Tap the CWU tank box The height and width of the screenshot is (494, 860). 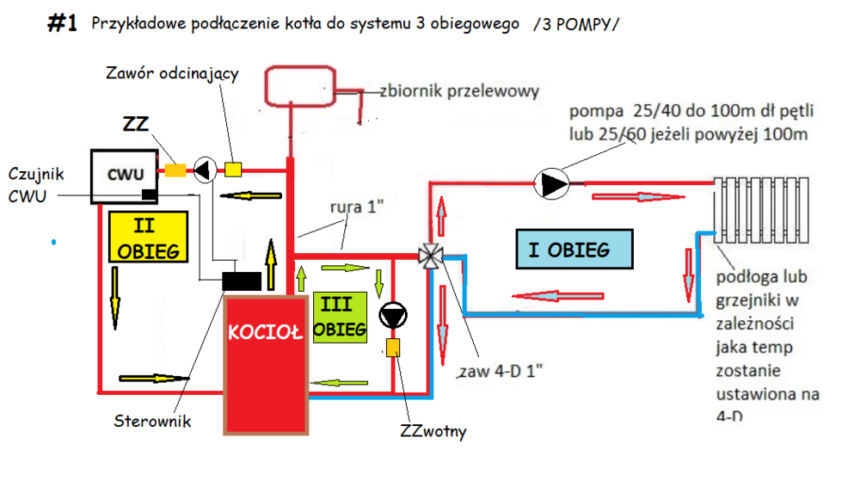[123, 176]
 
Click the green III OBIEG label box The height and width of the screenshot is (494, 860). [341, 317]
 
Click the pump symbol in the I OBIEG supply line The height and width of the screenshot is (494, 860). [550, 182]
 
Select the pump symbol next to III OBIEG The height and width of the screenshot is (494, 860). [392, 316]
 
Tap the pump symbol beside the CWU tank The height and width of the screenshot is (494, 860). [203, 170]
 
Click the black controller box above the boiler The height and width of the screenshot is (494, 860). [243, 281]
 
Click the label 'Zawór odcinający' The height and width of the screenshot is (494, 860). [172, 73]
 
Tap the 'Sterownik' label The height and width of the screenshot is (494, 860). [152, 421]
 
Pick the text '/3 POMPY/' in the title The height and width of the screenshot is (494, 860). [575, 25]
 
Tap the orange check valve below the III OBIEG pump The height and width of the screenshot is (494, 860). [393, 348]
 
